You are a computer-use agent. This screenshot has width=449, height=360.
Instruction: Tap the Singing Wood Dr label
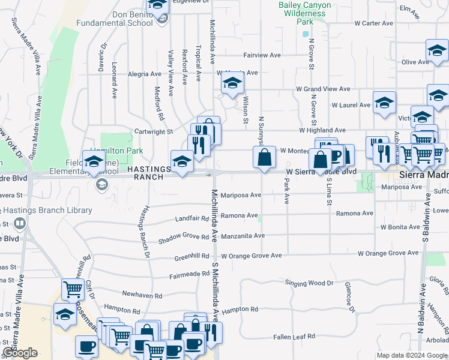[309, 283]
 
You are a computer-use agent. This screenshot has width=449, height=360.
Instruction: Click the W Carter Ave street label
[373, 23]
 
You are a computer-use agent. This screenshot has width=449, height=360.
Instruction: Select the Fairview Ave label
[262, 55]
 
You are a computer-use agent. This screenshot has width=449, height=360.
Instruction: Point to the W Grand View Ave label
[323, 89]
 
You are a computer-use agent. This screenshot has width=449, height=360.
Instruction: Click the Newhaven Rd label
[142, 296]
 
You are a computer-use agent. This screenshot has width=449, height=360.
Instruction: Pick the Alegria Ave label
[145, 74]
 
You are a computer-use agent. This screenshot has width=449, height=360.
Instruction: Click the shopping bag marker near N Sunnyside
[264, 158]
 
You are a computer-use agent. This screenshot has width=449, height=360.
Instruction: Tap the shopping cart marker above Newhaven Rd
[73, 289]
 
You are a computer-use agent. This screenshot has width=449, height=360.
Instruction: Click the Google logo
[20, 353]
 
